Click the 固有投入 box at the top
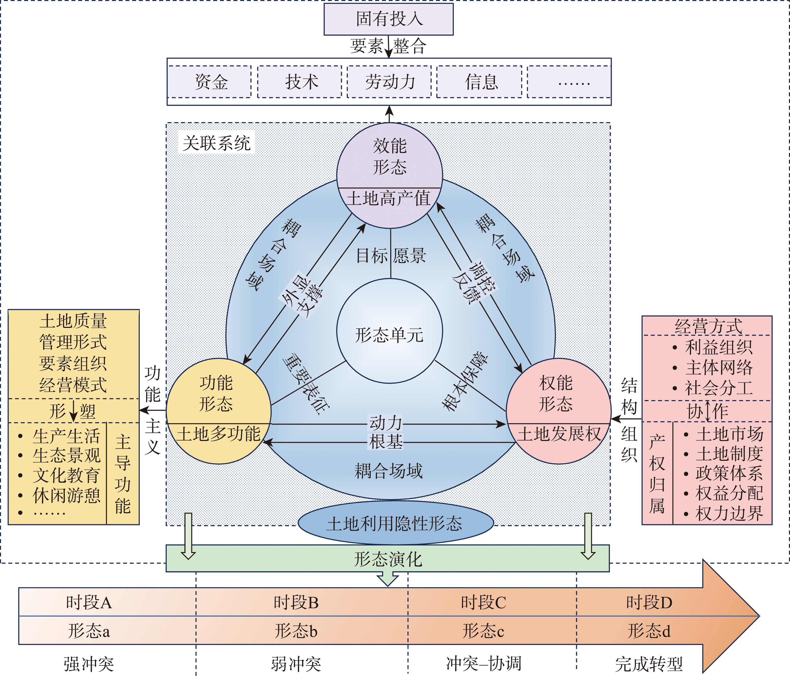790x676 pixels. pos(388,19)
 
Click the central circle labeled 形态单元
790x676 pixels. pos(389,335)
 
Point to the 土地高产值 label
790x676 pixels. pos(388,199)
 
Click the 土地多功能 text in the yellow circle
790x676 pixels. pos(218,434)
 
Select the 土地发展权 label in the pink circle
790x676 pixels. pos(558,434)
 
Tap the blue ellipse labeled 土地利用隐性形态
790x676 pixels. pos(395,524)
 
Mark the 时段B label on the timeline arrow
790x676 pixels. pos(296,603)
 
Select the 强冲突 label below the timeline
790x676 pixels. pos(89,664)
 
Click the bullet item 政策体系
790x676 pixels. pos(729,473)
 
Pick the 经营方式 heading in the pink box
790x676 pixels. pos(708,326)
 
